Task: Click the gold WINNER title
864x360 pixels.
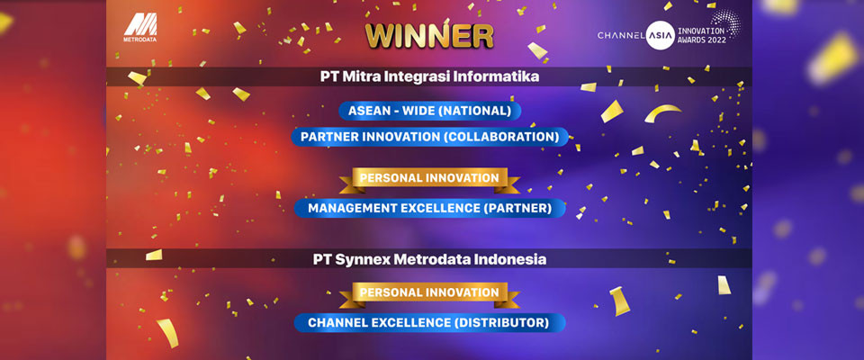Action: point(429,36)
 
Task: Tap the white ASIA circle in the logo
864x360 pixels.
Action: point(660,35)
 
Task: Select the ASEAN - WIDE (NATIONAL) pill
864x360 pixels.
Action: point(430,111)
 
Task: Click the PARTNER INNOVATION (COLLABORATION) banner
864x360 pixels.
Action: point(430,137)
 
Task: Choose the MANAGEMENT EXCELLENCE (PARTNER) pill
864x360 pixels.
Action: point(430,208)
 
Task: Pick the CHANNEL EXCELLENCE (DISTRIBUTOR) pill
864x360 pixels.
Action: point(430,322)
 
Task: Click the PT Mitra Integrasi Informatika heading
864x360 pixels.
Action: point(430,76)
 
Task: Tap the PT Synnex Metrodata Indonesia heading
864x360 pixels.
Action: point(430,258)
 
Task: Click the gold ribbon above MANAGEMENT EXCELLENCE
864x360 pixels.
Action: point(429,179)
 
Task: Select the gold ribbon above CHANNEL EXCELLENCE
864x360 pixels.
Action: point(429,293)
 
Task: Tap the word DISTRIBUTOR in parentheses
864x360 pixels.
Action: point(499,322)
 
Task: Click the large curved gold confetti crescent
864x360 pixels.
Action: point(662,112)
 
